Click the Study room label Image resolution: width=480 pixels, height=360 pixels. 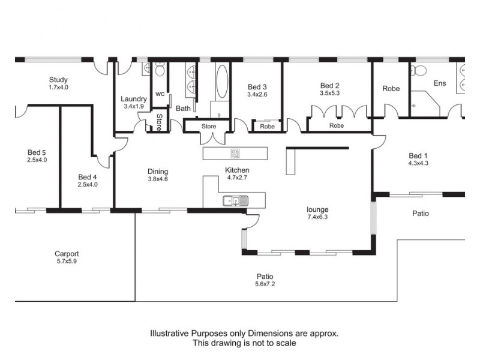(58, 80)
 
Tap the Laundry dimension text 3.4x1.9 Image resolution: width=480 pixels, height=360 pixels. (134, 107)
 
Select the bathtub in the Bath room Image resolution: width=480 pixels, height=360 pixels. (222, 81)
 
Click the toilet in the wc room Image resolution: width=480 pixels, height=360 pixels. (160, 69)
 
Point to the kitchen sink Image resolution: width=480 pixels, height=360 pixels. (235, 201)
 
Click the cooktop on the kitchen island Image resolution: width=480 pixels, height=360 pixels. (235, 154)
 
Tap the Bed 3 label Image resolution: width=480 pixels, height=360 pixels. (257, 87)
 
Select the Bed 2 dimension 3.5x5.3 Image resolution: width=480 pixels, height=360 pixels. (329, 93)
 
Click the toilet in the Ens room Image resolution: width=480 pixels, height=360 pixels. (418, 71)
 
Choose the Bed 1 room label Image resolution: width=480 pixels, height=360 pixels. (418, 156)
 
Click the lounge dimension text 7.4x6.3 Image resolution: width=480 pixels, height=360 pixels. (317, 217)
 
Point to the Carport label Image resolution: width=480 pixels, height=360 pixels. (67, 254)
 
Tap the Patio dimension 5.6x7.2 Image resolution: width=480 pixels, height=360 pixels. (265, 284)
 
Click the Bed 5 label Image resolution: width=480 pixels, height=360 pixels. (37, 152)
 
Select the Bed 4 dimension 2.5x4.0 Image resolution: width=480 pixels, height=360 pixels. (88, 185)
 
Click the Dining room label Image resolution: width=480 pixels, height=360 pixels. (158, 172)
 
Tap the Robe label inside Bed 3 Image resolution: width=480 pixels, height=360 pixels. (267, 127)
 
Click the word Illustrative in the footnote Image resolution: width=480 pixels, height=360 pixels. (169, 334)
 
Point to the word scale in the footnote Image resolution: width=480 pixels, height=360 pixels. (286, 343)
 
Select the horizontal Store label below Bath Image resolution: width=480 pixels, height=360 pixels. (209, 126)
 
